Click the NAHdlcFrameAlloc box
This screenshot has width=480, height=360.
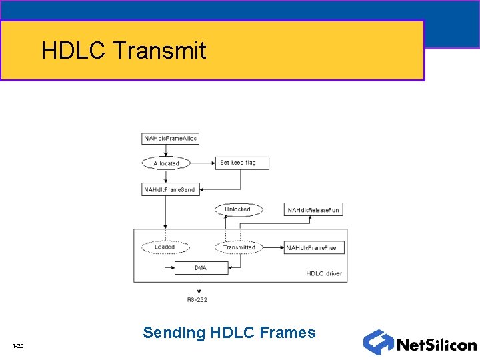171,139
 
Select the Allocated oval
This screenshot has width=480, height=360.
166,163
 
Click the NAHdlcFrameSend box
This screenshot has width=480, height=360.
170,190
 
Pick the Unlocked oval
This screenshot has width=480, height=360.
237,209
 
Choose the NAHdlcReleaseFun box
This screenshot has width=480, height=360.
313,210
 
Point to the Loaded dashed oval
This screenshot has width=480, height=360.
165,247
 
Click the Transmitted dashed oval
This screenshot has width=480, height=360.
239,247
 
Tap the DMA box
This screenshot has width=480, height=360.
201,268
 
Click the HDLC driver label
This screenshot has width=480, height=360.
324,274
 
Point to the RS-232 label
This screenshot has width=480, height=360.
197,300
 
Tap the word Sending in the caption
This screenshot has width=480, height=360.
174,332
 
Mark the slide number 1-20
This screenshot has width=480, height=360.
18,345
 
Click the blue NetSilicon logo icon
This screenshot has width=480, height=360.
378,342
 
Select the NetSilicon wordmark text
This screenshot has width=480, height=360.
436,345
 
